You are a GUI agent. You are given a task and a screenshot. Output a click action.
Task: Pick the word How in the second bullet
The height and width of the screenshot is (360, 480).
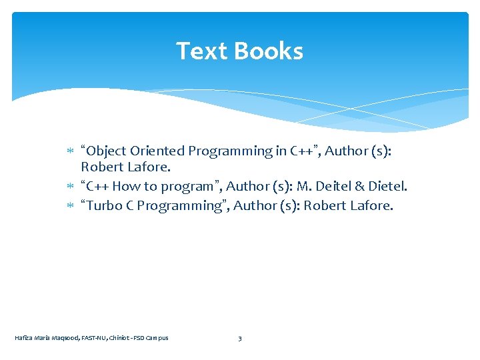[126, 187]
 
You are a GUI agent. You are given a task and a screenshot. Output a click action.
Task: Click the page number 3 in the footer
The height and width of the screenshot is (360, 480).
[240, 338]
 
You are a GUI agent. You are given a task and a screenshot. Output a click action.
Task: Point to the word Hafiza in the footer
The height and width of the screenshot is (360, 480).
[23, 338]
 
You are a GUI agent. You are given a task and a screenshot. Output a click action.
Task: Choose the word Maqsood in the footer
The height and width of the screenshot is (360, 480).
[64, 338]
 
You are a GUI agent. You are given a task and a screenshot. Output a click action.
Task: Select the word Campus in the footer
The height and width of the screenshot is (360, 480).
[158, 338]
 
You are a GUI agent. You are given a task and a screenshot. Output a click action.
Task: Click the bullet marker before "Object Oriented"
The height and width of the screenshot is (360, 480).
[72, 151]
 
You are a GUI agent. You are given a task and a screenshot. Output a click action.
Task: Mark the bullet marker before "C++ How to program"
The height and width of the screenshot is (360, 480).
[72, 187]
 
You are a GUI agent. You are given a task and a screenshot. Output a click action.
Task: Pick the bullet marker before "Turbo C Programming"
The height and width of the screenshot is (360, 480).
[72, 206]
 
